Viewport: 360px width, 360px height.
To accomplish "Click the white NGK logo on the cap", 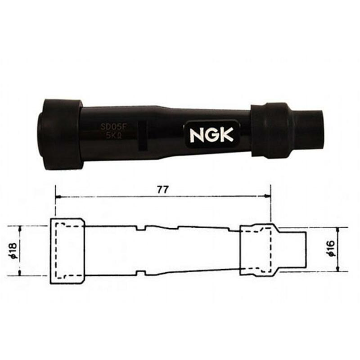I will (212, 135).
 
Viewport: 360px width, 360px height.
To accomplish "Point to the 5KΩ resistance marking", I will (113, 135).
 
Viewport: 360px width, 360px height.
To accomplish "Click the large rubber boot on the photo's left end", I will (62, 135).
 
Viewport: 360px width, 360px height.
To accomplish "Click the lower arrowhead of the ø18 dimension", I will (21, 273).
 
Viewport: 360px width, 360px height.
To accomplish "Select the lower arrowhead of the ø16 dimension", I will (337, 270).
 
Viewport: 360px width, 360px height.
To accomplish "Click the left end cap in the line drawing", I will (66, 251).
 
